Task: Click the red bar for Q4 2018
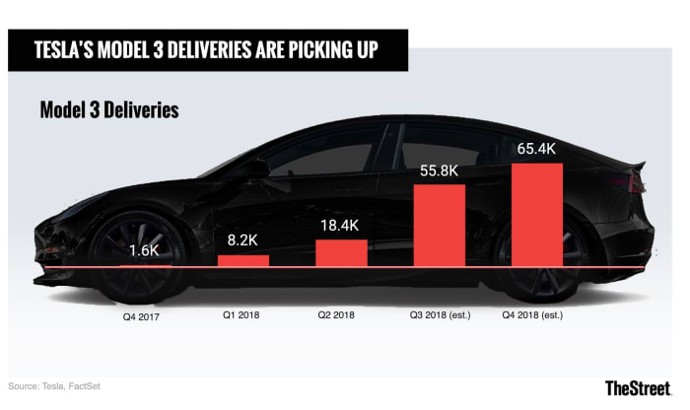click(x=537, y=215)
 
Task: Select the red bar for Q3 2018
click(x=439, y=226)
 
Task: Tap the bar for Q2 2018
click(x=341, y=253)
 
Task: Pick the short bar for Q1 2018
click(x=242, y=261)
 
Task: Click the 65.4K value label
click(x=537, y=150)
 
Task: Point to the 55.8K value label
click(x=439, y=171)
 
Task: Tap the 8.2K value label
click(x=242, y=240)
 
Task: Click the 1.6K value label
click(x=144, y=250)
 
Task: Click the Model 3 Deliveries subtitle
click(x=109, y=109)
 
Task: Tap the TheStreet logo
click(x=641, y=387)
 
